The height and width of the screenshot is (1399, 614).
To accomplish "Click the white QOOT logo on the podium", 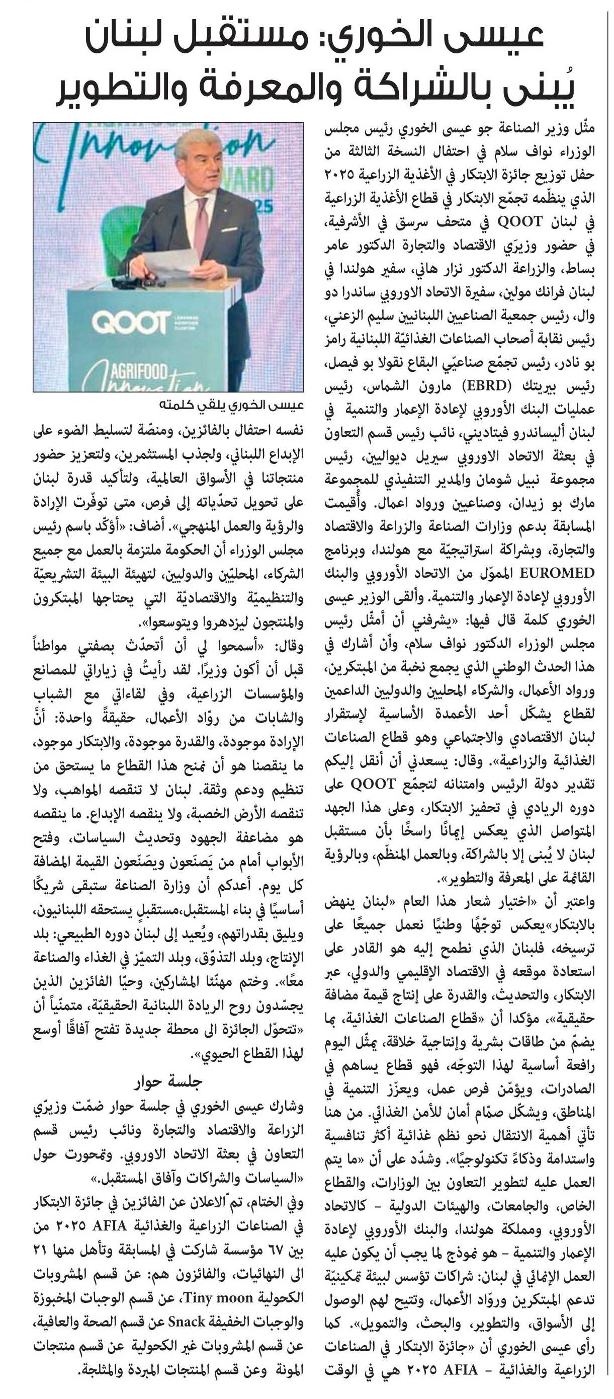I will (x=130, y=322).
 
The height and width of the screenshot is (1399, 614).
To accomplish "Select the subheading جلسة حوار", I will (x=168, y=1081).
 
